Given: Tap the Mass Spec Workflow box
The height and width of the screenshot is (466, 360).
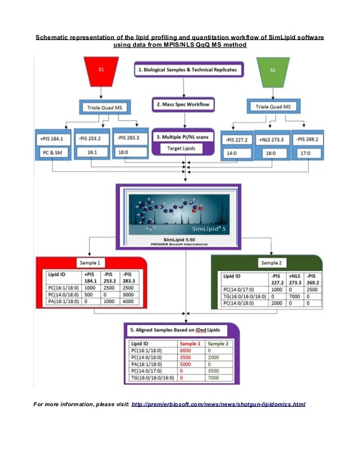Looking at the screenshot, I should (x=182, y=105).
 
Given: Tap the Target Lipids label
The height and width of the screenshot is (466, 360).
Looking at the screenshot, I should (x=182, y=149).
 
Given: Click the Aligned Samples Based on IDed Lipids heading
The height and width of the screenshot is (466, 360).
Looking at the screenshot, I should (x=182, y=329).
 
